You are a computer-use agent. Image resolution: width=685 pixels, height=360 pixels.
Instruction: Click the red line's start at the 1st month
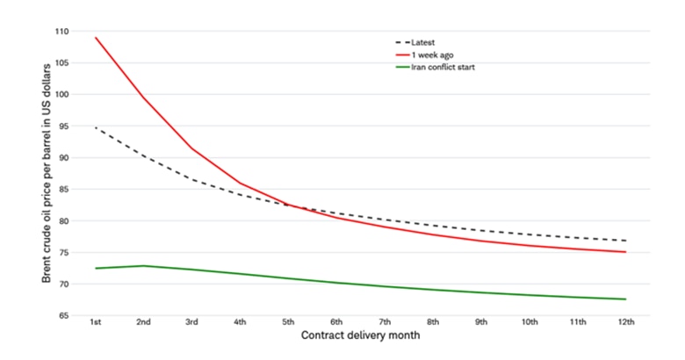pos(96,38)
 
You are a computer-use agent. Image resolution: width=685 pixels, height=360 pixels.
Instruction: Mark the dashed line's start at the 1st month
pos(96,128)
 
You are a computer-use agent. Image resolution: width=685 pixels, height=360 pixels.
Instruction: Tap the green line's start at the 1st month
pos(96,268)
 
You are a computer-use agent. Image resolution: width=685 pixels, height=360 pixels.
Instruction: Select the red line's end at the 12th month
pos(625,252)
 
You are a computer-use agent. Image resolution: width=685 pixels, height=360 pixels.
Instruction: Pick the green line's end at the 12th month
pos(625,299)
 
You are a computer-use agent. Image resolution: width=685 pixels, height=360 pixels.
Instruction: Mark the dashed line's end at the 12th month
pos(625,241)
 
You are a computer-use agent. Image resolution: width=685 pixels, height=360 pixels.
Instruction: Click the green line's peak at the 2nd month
pos(144,266)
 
